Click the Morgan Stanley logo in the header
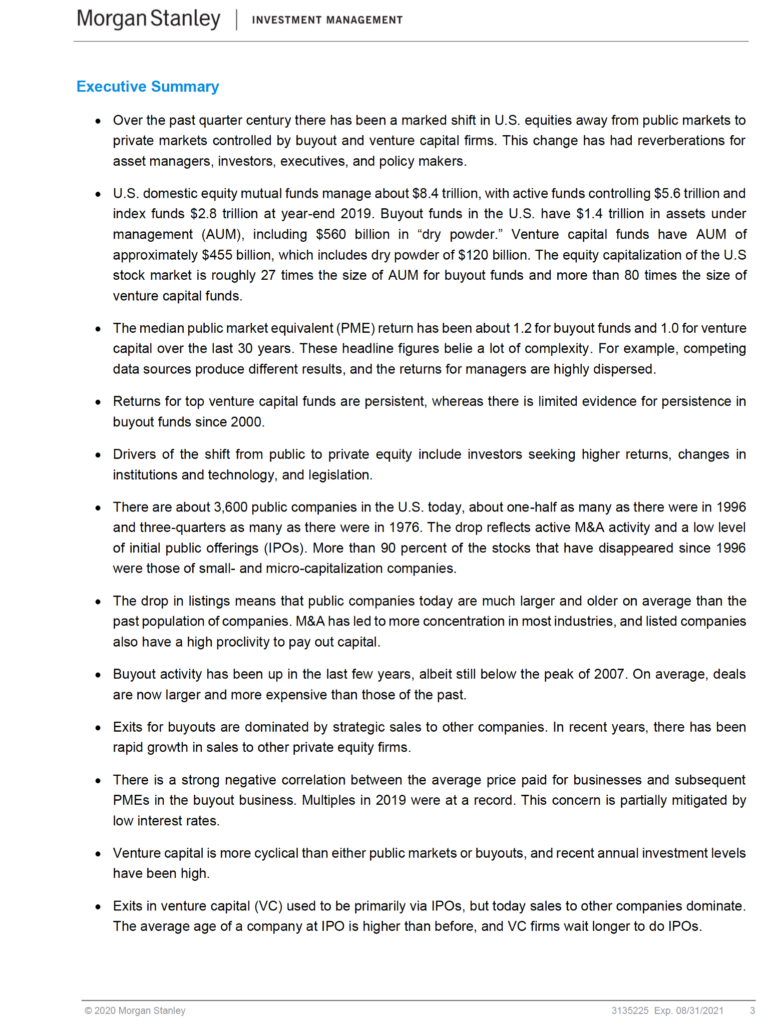point(149,19)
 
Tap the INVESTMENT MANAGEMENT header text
point(327,20)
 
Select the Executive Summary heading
point(148,87)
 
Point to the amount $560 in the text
point(331,234)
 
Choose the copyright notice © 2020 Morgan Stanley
point(135,1010)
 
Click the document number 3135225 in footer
point(630,1010)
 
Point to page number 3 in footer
point(752,1010)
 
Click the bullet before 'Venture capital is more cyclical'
point(98,854)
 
